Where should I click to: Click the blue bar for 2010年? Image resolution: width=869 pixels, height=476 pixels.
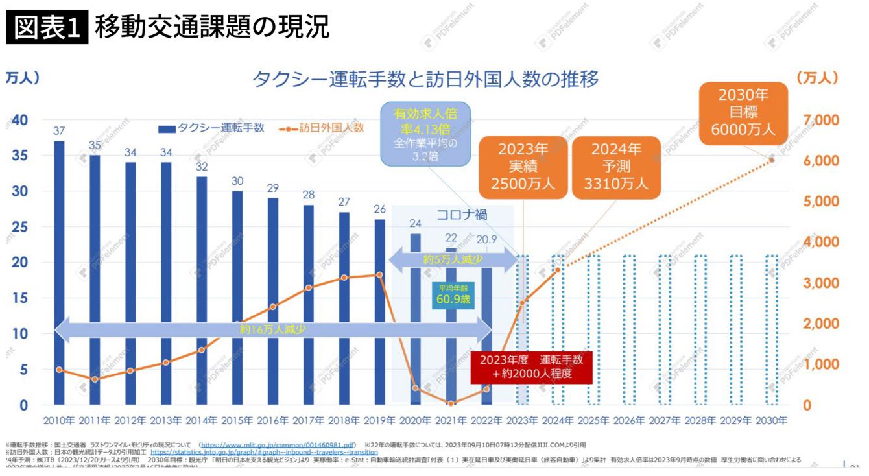pyautogui.click(x=59, y=272)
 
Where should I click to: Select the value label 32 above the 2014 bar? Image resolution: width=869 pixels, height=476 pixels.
pyautogui.click(x=202, y=167)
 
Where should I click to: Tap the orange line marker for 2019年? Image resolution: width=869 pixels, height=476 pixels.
pyautogui.click(x=380, y=274)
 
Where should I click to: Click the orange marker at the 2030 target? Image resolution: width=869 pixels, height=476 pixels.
pyautogui.click(x=772, y=160)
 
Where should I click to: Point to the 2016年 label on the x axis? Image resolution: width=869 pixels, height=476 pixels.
pyautogui.click(x=272, y=420)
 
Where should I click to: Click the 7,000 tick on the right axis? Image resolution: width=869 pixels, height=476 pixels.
pyautogui.click(x=820, y=121)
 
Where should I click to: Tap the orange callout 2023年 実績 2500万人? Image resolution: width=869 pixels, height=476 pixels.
pyautogui.click(x=523, y=166)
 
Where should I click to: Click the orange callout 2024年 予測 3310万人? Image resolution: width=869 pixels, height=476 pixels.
pyautogui.click(x=616, y=166)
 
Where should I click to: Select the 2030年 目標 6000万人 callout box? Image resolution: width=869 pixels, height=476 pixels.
pyautogui.click(x=743, y=112)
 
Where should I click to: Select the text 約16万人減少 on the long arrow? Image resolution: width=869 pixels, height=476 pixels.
pyautogui.click(x=272, y=329)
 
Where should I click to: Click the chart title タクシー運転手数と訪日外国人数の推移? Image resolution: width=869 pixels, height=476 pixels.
pyautogui.click(x=425, y=79)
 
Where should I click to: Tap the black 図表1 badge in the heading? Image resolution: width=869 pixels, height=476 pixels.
pyautogui.click(x=47, y=27)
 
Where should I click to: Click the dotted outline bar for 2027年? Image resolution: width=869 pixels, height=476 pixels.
pyautogui.click(x=665, y=329)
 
